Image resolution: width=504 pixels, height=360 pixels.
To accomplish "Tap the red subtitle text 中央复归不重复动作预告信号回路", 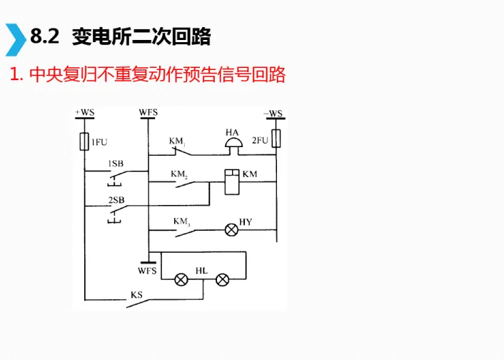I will (x=153, y=74).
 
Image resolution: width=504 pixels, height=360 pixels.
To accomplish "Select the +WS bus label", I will (x=84, y=111).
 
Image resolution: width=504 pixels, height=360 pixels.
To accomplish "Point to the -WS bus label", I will (x=273, y=112).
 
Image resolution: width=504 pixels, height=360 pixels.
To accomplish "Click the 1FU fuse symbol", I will (x=85, y=141).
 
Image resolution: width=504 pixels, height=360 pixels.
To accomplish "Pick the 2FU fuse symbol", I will (x=276, y=138).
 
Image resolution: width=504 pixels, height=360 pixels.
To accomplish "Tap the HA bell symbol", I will (x=232, y=144).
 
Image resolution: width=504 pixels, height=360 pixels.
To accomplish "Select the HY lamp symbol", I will (x=231, y=230).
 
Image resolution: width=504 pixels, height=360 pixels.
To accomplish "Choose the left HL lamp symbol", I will (x=181, y=279).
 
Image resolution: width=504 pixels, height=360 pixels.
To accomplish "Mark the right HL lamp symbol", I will (x=222, y=279).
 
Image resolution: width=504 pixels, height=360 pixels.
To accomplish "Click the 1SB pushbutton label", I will (x=116, y=164).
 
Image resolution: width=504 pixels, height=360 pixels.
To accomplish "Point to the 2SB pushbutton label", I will (x=116, y=200).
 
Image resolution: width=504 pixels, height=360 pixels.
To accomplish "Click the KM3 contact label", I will (x=181, y=221).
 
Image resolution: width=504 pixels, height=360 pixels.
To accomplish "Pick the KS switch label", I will (x=136, y=294).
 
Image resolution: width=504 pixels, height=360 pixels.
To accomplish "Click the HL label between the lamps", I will (x=201, y=271).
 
